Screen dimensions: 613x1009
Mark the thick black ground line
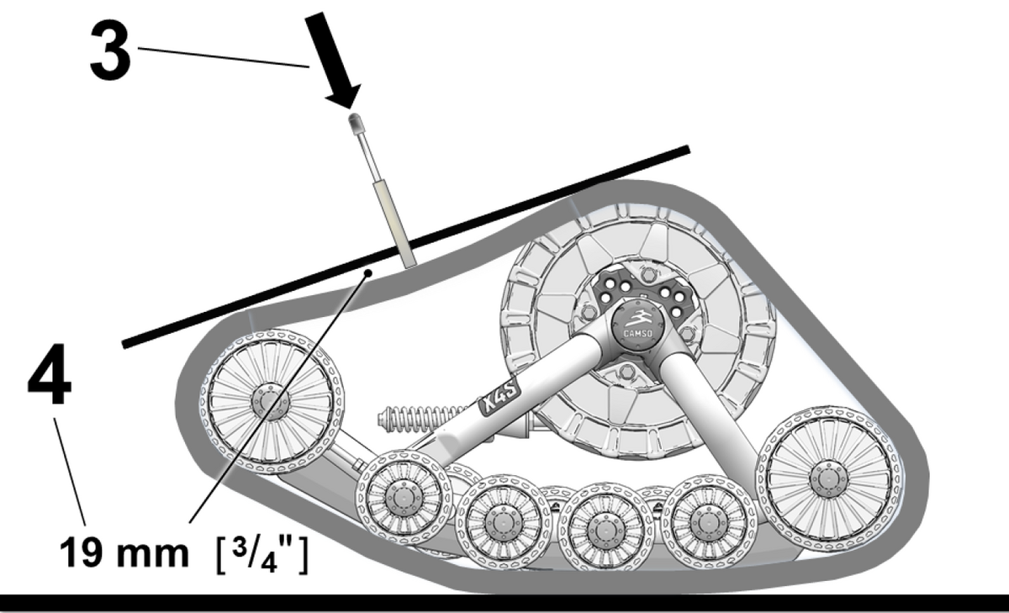coord(504,602)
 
